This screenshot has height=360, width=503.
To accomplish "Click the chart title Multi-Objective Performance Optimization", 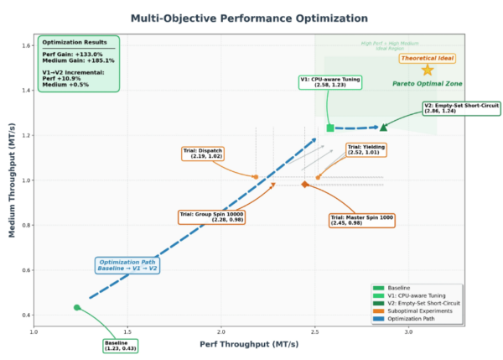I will tap(249, 18).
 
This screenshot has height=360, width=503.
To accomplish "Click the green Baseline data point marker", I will tap(77, 307).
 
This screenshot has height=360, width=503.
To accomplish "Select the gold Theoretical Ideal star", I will tap(428, 70).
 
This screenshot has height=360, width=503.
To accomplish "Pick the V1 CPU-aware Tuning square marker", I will tap(330, 128).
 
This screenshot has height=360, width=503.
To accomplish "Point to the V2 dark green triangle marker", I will tap(383, 128).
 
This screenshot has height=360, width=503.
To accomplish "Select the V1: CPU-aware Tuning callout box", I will tap(330, 81).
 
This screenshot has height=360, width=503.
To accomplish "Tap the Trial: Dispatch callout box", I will tap(203, 154).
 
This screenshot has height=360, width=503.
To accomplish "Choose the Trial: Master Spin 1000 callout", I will tap(361, 220).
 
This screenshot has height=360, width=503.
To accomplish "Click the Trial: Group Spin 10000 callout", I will tap(211, 217).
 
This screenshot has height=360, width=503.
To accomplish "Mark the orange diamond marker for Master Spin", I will tap(305, 184).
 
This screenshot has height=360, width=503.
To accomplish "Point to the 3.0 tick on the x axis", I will tap(408, 332).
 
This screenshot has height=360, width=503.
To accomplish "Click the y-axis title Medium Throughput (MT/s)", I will tap(13, 180).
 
